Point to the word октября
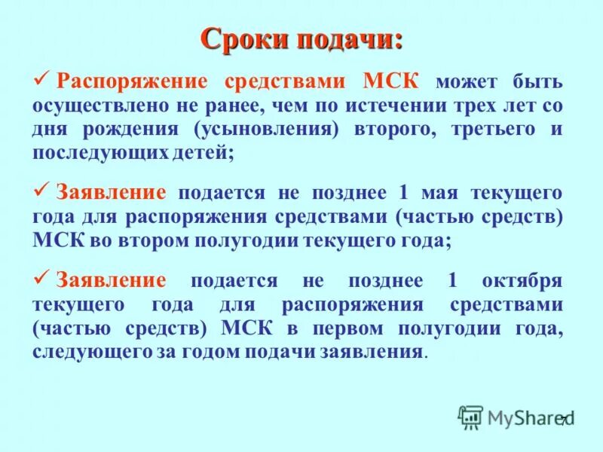pos(522,281)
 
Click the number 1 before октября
pos(452,281)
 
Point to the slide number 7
pos(562,420)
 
